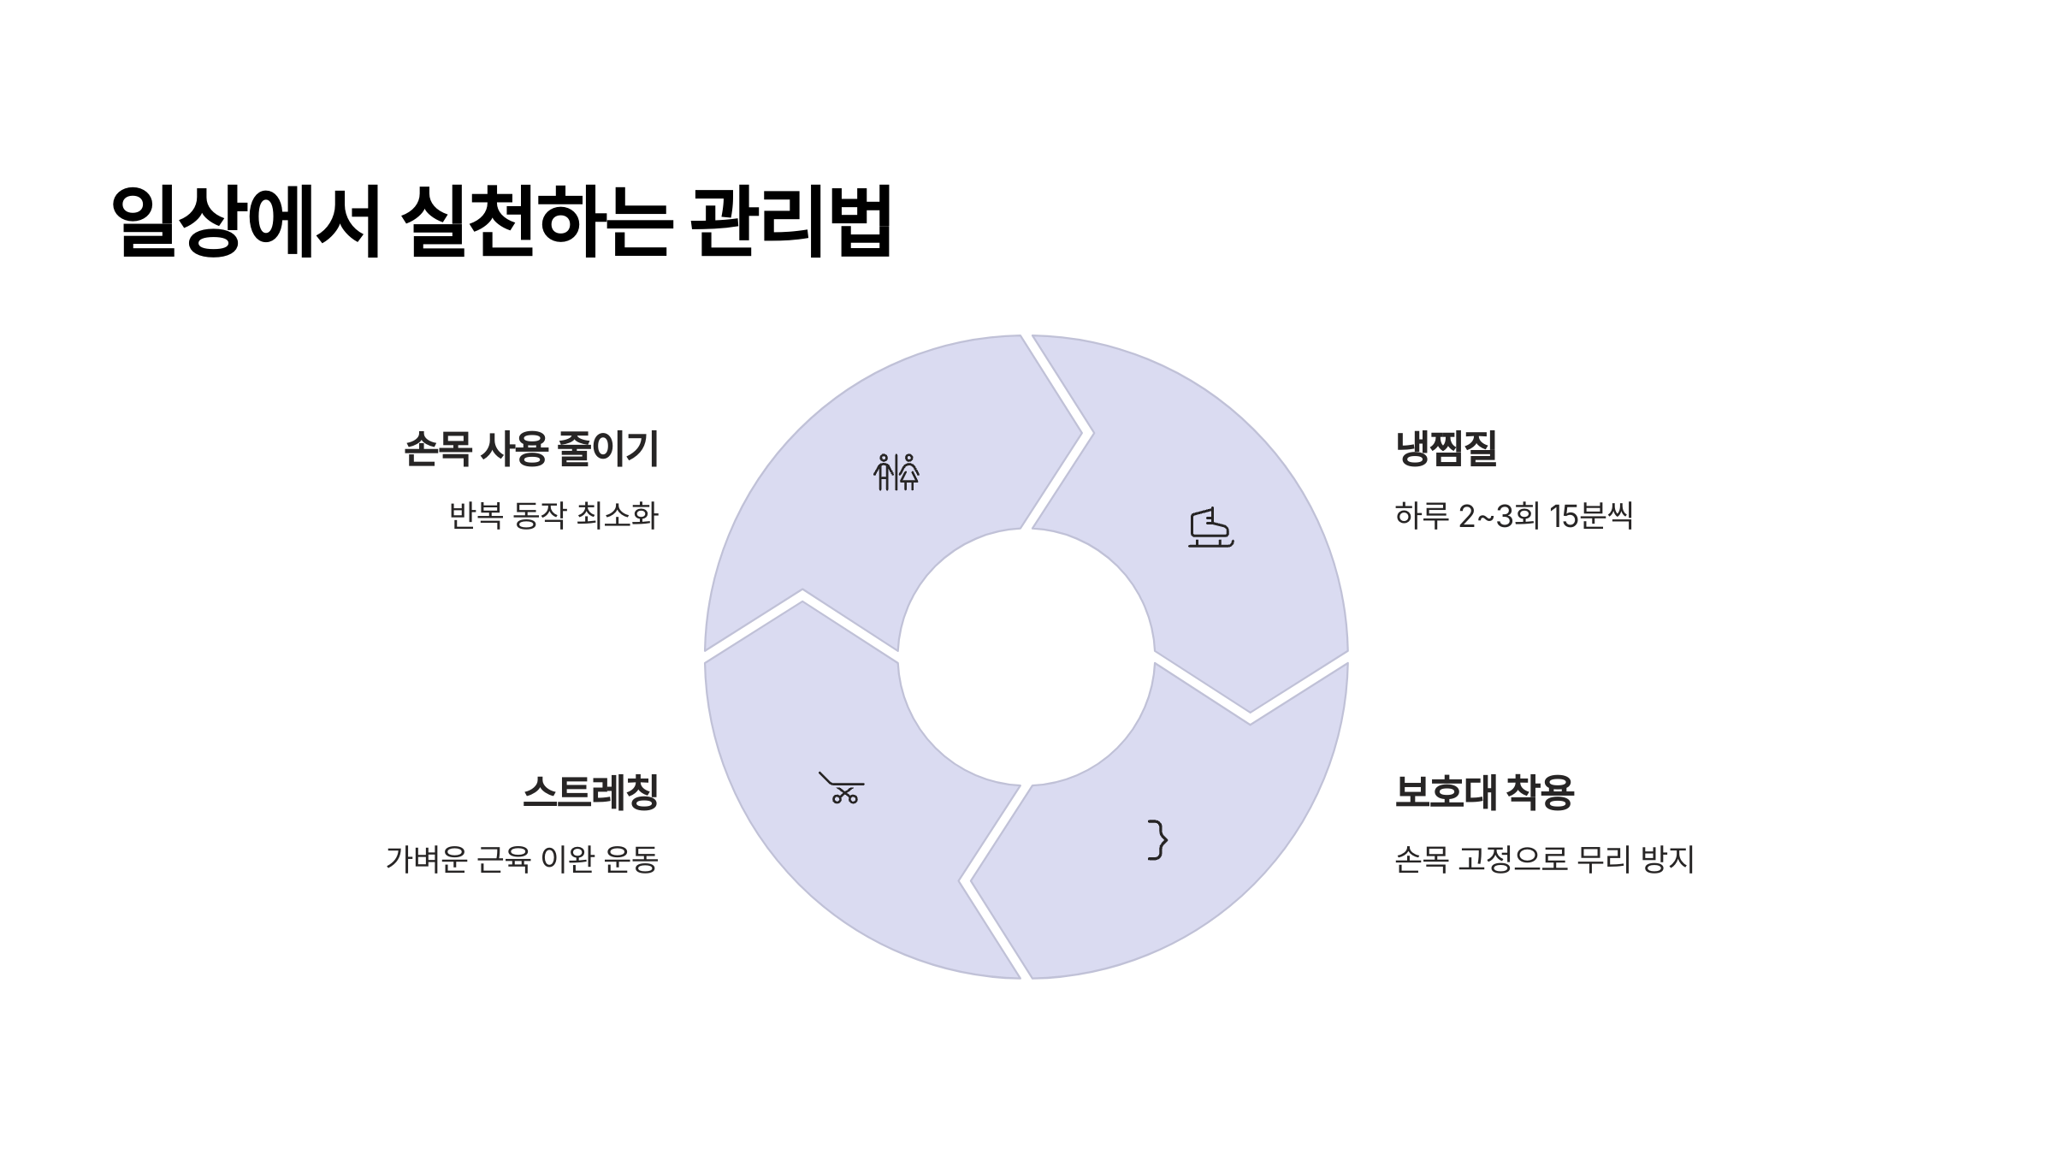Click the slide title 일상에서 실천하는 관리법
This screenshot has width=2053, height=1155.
(x=501, y=221)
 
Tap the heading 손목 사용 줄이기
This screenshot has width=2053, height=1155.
(x=531, y=449)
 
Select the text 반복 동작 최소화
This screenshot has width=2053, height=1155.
(x=553, y=516)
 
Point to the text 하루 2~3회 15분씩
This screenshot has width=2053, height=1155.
(x=1513, y=516)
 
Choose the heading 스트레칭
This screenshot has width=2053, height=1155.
(x=590, y=792)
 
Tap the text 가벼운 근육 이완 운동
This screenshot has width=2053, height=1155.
(x=522, y=859)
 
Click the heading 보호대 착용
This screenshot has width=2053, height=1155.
(x=1484, y=792)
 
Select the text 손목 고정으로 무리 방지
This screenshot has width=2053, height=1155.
(x=1544, y=859)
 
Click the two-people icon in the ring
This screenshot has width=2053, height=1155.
(x=896, y=472)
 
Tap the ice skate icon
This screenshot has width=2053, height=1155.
(x=1210, y=528)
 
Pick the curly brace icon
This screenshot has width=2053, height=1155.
(x=1157, y=839)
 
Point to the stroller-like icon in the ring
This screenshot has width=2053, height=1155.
(x=842, y=788)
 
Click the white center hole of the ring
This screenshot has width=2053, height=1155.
(x=1026, y=657)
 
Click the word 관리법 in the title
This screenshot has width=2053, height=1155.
(x=790, y=221)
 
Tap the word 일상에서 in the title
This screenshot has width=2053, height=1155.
(x=246, y=221)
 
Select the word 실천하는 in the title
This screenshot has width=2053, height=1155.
(x=535, y=221)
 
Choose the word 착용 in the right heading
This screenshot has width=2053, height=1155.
(x=1540, y=792)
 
